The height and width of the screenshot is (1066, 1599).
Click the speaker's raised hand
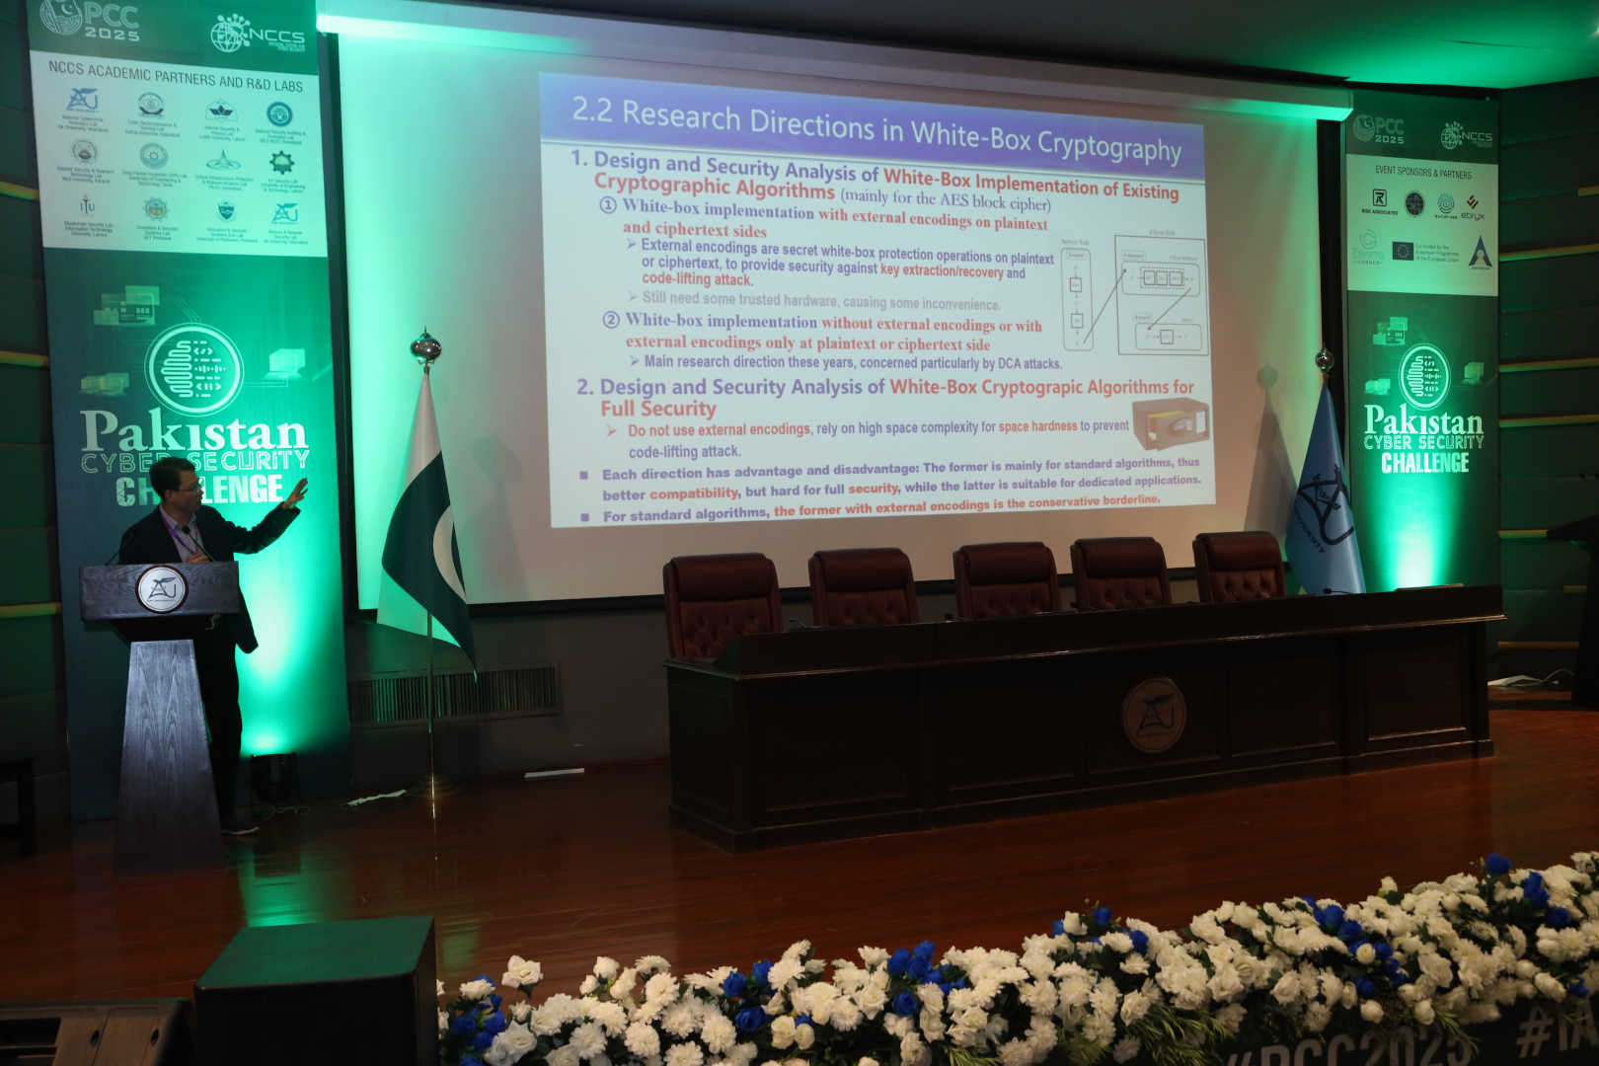pyautogui.click(x=296, y=491)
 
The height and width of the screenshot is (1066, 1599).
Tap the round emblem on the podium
pyautogui.click(x=161, y=589)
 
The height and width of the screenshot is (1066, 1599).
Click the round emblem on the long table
pyautogui.click(x=1153, y=714)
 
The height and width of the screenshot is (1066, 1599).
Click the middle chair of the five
pyautogui.click(x=1004, y=579)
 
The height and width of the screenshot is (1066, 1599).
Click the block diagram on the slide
pyautogui.click(x=1135, y=294)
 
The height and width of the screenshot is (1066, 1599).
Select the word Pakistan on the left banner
pyautogui.click(x=193, y=432)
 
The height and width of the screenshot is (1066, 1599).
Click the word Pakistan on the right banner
pyautogui.click(x=1422, y=421)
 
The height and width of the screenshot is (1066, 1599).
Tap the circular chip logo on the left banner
pyautogui.click(x=194, y=369)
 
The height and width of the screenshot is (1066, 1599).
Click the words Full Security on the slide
pyautogui.click(x=657, y=408)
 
